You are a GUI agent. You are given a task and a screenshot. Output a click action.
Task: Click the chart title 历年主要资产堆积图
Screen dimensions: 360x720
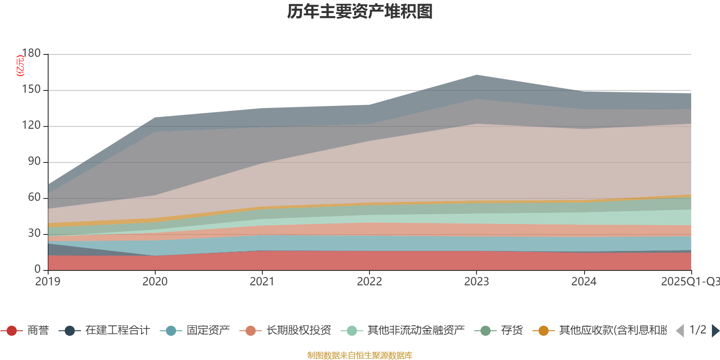pyautogui.click(x=360, y=12)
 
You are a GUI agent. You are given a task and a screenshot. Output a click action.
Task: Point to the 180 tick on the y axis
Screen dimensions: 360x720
pyautogui.click(x=31, y=54)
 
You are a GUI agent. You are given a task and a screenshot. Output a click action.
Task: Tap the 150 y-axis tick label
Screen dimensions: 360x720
pyautogui.click(x=31, y=90)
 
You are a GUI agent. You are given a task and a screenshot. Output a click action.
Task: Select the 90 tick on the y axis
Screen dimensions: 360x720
pyautogui.click(x=34, y=162)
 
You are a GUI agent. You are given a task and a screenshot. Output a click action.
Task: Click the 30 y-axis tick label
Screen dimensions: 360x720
pyautogui.click(x=34, y=234)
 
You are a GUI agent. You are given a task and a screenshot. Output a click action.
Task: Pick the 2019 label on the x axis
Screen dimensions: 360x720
pyautogui.click(x=48, y=282)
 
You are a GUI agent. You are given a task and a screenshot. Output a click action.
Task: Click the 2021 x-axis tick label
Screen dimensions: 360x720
pyautogui.click(x=262, y=282)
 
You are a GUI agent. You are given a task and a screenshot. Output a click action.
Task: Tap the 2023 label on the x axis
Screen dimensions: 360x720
pyautogui.click(x=476, y=282)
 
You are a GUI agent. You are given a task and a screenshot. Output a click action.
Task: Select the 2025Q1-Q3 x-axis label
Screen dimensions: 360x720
pyautogui.click(x=689, y=282)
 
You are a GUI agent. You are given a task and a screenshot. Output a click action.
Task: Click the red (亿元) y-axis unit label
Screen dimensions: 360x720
pyautogui.click(x=20, y=66)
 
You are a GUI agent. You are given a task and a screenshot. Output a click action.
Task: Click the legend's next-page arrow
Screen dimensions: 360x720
pyautogui.click(x=715, y=331)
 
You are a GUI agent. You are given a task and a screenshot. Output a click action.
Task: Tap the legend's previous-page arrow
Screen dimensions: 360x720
pyautogui.click(x=680, y=331)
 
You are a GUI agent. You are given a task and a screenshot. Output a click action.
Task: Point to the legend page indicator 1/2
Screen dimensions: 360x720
pyautogui.click(x=697, y=330)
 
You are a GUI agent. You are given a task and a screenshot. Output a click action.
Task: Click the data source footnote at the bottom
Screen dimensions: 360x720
pyautogui.click(x=360, y=355)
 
